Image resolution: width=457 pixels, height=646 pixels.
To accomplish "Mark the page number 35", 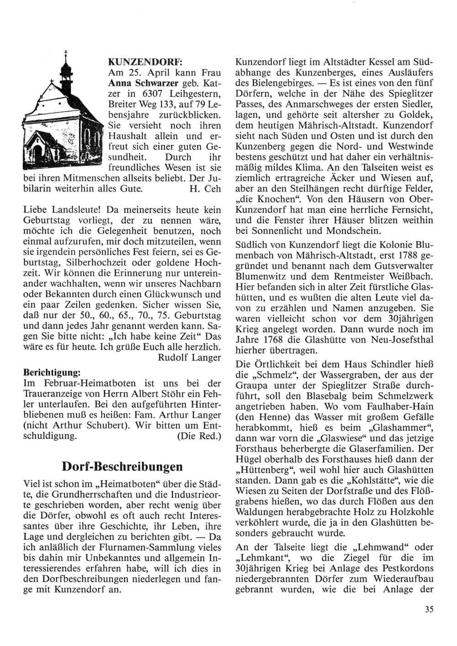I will tap(428, 608).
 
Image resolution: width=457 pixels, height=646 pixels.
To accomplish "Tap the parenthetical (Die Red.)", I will tap(199, 436).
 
